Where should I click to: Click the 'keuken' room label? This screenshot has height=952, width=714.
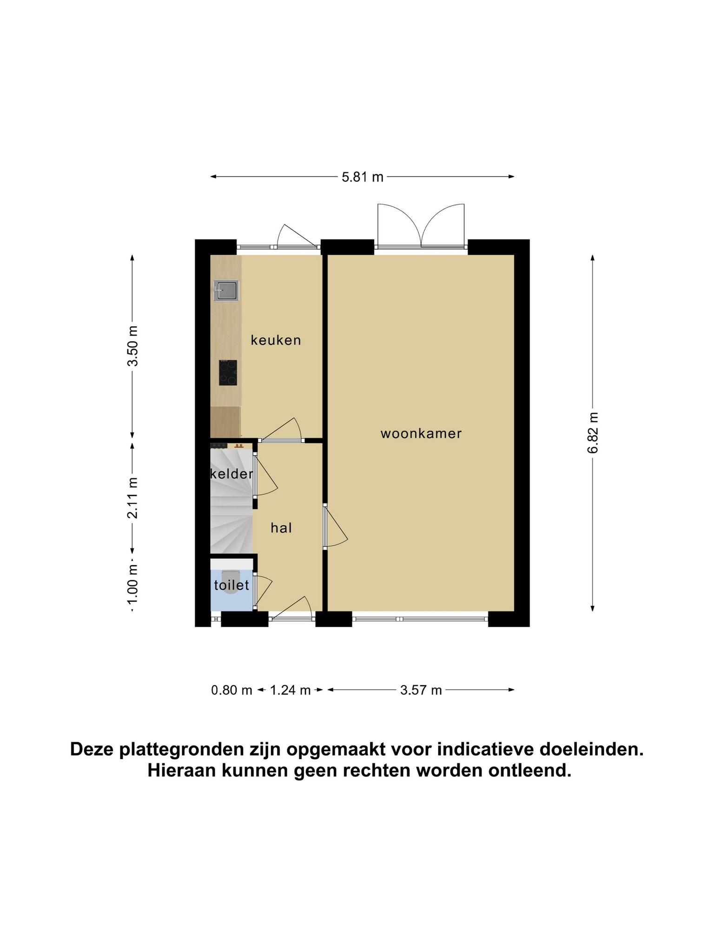(276, 340)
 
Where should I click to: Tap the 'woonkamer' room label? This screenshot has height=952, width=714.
(421, 434)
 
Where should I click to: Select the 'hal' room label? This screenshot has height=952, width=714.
(281, 528)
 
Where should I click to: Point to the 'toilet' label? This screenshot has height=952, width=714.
(231, 585)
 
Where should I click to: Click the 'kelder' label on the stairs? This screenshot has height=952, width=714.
(231, 474)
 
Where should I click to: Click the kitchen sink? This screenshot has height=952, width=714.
(226, 291)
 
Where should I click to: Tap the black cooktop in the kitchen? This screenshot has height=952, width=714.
(228, 373)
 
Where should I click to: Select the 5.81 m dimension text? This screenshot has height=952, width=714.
(363, 177)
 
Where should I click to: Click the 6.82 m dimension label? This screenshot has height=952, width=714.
(593, 433)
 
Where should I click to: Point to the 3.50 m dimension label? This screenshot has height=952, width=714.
(133, 346)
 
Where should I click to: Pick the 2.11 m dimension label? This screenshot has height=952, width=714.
(133, 498)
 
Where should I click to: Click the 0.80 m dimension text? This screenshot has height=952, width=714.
(231, 690)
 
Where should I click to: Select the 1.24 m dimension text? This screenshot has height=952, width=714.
(290, 690)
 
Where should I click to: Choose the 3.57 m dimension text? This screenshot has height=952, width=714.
(421, 690)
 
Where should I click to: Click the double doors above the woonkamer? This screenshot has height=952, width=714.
(421, 226)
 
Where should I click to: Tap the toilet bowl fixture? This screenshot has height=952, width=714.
(231, 576)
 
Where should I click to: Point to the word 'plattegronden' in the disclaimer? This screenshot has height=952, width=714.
(186, 750)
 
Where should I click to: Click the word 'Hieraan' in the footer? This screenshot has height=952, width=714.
(182, 771)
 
